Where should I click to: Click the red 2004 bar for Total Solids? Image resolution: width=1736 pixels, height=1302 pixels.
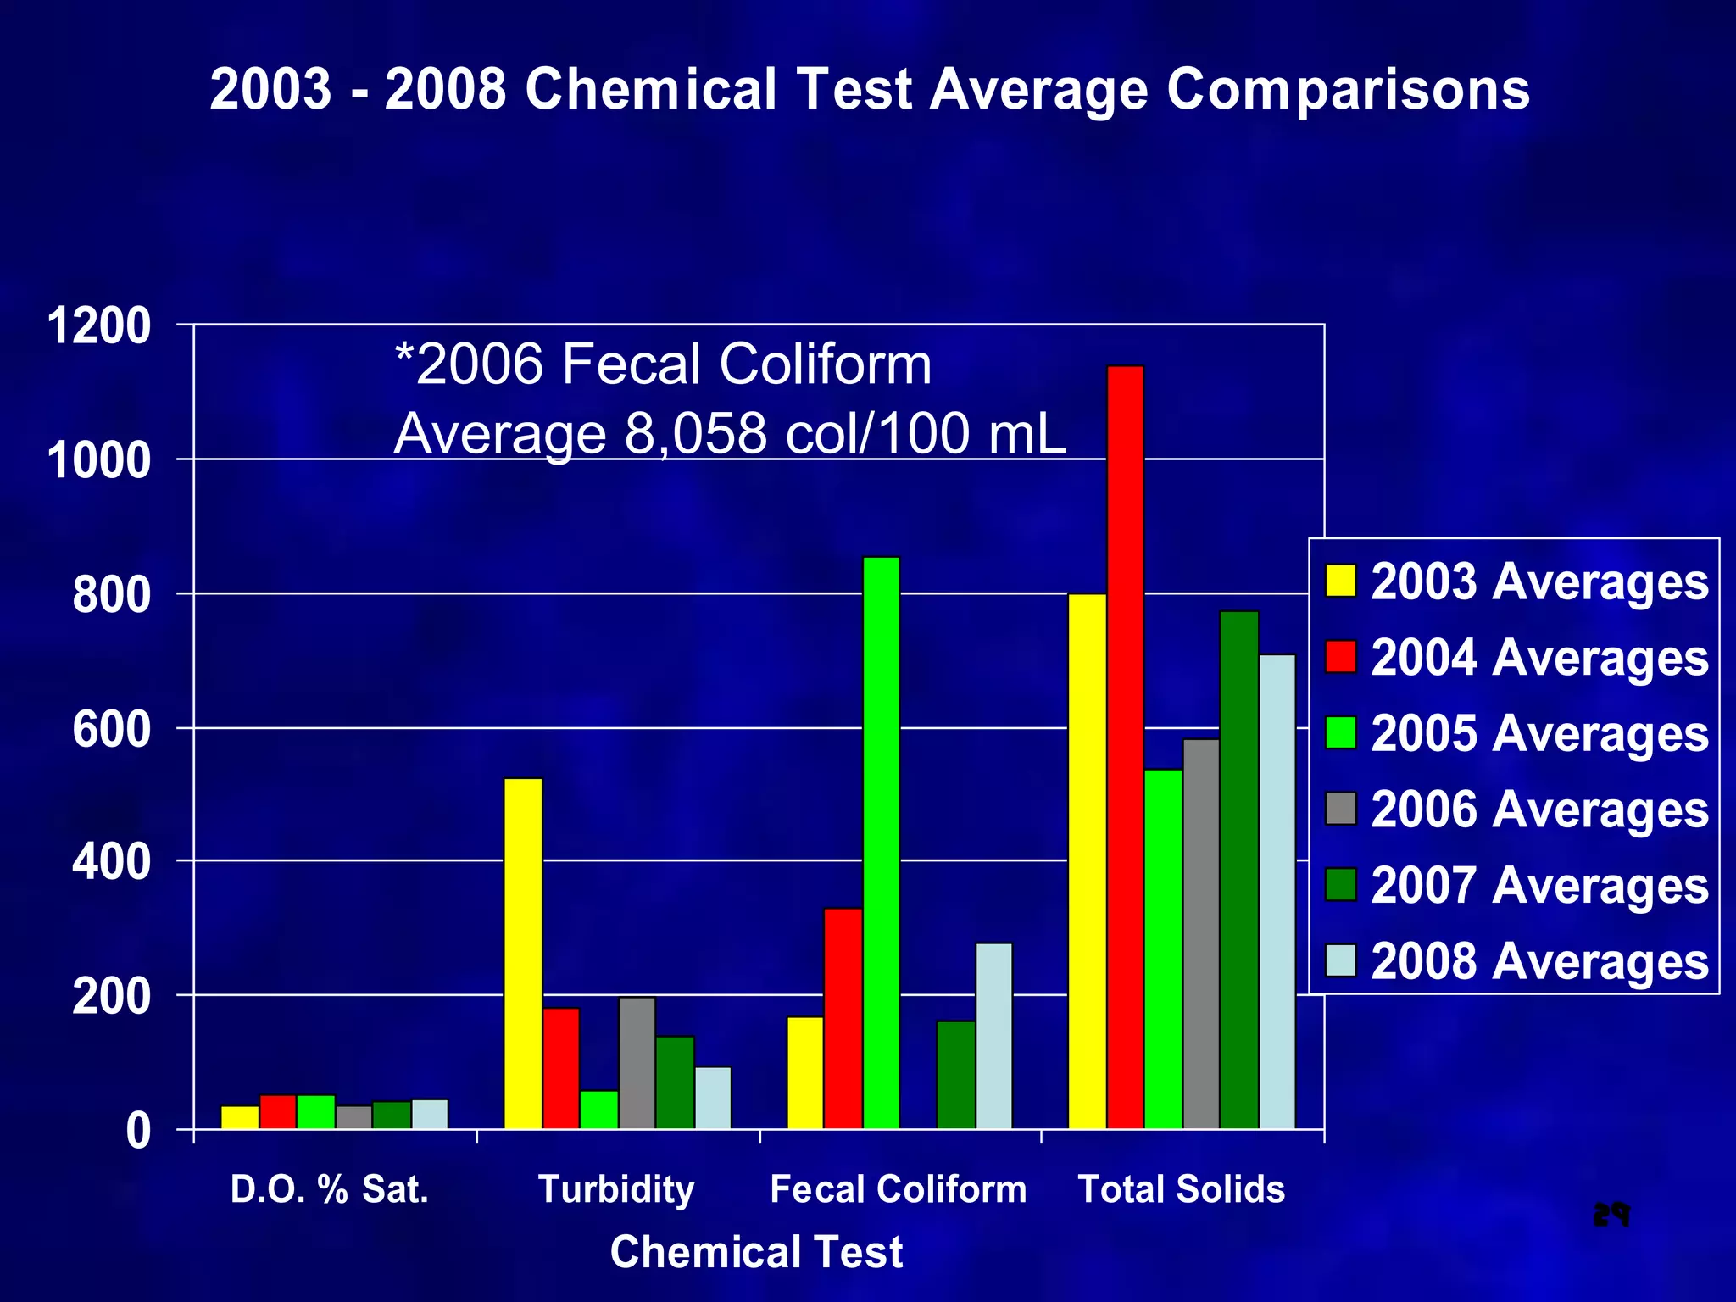pyautogui.click(x=1126, y=746)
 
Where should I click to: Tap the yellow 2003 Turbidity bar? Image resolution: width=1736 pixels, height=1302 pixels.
pyautogui.click(x=523, y=953)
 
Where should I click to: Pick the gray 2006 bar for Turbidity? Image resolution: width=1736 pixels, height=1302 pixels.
pyautogui.click(x=637, y=1063)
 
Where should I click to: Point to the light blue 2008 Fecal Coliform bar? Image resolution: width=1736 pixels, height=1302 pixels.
pyautogui.click(x=993, y=1035)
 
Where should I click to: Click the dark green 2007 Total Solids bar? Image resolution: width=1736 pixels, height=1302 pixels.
pyautogui.click(x=1239, y=869)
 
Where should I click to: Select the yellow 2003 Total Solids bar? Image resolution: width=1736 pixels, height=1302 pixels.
pyautogui.click(x=1088, y=860)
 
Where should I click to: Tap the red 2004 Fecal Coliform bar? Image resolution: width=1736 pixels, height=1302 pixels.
pyautogui.click(x=843, y=1018)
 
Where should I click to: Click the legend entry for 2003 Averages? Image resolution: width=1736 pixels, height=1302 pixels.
pyautogui.click(x=1517, y=581)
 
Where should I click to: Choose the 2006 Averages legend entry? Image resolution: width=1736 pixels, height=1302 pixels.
pyautogui.click(x=1517, y=809)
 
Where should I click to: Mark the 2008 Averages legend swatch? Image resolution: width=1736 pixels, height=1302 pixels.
pyautogui.click(x=1341, y=960)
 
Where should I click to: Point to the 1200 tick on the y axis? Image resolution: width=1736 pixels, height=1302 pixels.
pyautogui.click(x=99, y=326)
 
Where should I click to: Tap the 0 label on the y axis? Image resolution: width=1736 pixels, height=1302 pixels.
pyautogui.click(x=137, y=1131)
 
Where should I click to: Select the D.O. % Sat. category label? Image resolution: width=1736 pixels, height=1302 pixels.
pyautogui.click(x=330, y=1188)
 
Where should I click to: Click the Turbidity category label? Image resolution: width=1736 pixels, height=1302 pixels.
pyautogui.click(x=616, y=1188)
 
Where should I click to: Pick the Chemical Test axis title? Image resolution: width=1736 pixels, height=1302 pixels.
pyautogui.click(x=756, y=1252)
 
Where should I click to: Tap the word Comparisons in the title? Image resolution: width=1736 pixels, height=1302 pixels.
pyautogui.click(x=1348, y=89)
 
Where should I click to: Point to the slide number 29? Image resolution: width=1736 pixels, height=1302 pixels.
pyautogui.click(x=1611, y=1215)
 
